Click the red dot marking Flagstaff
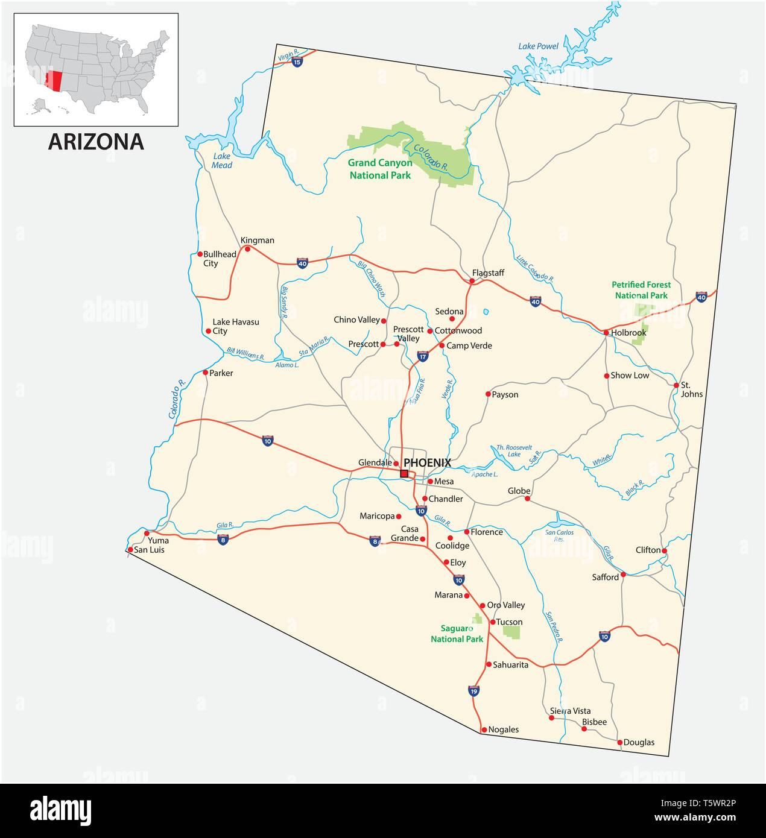tap(472, 281)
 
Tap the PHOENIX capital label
tap(427, 462)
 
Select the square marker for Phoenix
tap(404, 473)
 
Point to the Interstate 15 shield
tap(297, 61)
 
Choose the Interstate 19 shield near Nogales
tap(473, 691)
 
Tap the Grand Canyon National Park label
tap(380, 169)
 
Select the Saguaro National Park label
tap(457, 634)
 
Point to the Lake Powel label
tap(539, 46)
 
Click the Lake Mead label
tap(221, 160)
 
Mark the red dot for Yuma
tap(147, 533)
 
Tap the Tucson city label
tap(509, 622)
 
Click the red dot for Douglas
tap(620, 742)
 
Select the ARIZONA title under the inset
tap(96, 142)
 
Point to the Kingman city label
tap(258, 240)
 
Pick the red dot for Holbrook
tap(606, 332)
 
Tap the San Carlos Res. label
tap(559, 536)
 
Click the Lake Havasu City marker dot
tap(209, 331)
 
